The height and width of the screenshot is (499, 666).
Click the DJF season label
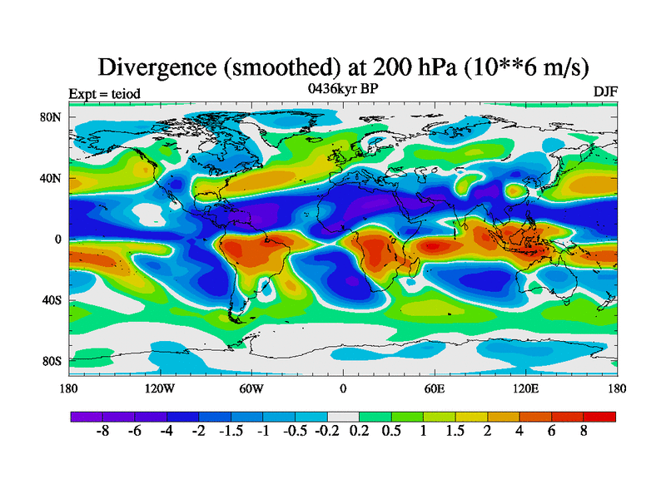pos(605,91)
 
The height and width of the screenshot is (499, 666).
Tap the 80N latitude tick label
pos(52,117)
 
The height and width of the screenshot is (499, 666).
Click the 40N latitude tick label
pos(52,178)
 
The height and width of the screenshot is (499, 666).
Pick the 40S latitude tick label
pos(52,300)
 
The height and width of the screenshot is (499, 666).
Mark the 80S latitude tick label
pos(52,362)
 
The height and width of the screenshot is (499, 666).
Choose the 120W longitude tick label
pos(160,388)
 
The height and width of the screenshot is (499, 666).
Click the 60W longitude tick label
pos(251,388)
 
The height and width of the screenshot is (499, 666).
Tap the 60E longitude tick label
pos(434,388)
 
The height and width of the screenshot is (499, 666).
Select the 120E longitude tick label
pos(525,388)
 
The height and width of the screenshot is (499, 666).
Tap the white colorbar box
pos(343,417)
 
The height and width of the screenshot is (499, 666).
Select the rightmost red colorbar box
pos(600,417)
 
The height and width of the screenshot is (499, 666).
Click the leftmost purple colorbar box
pos(87,417)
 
